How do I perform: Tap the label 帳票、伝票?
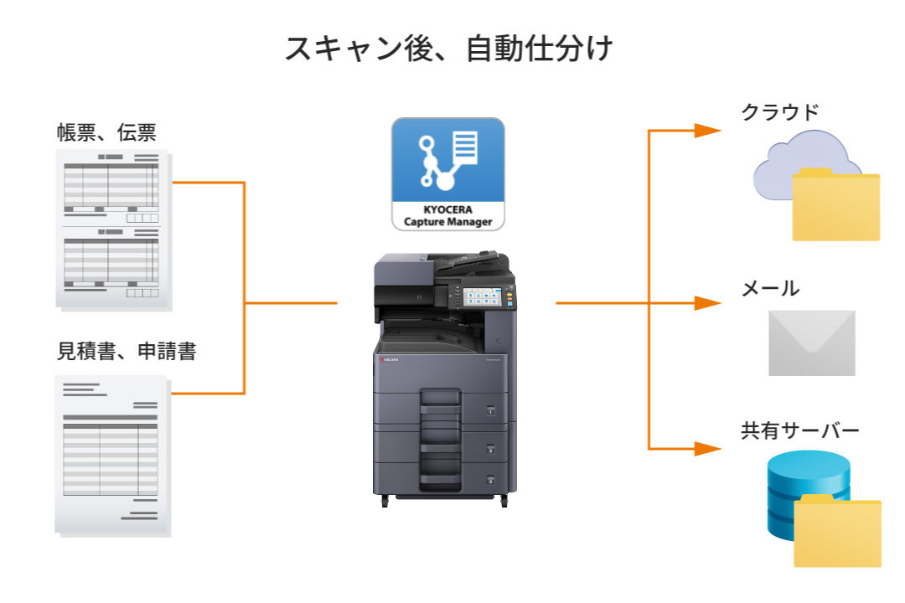point(106,133)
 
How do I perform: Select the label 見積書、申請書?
point(127,351)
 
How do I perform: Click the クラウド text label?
point(779,112)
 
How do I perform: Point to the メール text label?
point(770,289)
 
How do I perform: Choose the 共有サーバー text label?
point(799,431)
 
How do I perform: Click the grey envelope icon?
point(811,343)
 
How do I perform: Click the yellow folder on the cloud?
point(835,205)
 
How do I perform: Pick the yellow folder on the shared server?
point(836,532)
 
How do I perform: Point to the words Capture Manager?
point(448,222)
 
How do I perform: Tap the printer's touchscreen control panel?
point(480,297)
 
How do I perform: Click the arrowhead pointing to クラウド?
point(708,130)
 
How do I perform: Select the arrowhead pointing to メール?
point(708,302)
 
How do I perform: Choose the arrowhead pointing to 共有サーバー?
point(708,449)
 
